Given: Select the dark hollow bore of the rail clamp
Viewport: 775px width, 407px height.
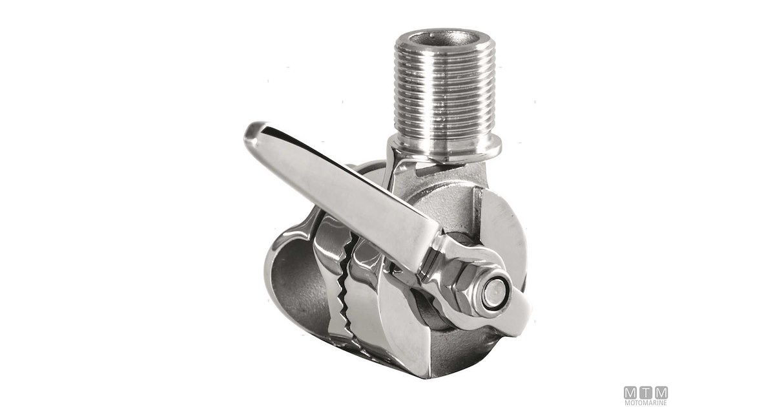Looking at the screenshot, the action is [x=298, y=294].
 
